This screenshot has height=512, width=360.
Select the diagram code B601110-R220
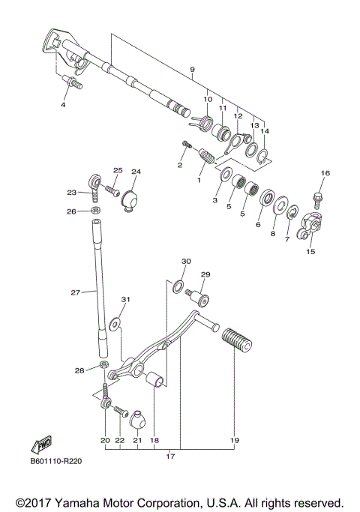click(x=56, y=462)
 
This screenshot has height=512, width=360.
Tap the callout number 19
click(x=234, y=441)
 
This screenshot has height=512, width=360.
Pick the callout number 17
click(x=170, y=456)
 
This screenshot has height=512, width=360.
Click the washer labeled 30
click(x=178, y=286)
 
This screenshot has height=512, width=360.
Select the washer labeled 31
click(x=114, y=324)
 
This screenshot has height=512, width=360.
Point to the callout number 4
click(x=64, y=105)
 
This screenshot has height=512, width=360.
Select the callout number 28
click(x=79, y=370)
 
